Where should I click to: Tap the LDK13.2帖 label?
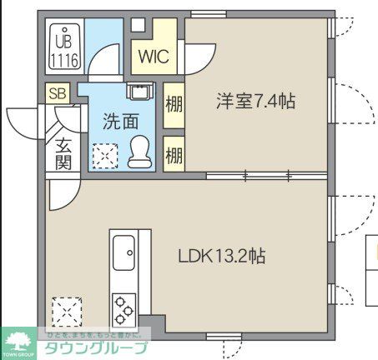coord(222,257)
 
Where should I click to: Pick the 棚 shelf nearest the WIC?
coord(174,104)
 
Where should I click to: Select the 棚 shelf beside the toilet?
coord(174,154)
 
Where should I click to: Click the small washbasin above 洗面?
coord(137,91)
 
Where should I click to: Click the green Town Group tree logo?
coord(18,341)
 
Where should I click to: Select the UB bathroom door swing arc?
coord(107,62)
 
